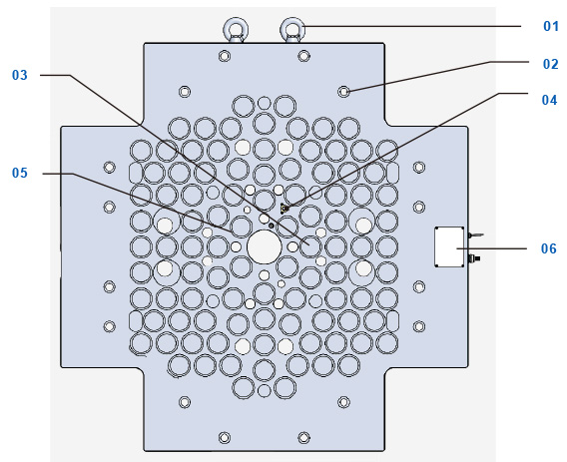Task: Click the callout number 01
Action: [x=551, y=26]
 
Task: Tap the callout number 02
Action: [x=550, y=64]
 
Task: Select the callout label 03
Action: [x=20, y=75]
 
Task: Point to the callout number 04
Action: [x=549, y=100]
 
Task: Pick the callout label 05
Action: [x=20, y=173]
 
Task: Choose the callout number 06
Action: [x=549, y=248]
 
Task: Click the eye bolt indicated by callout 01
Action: [x=292, y=30]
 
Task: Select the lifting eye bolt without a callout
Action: [x=236, y=30]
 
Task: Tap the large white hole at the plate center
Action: [x=264, y=246]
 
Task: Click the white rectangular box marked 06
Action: [x=449, y=246]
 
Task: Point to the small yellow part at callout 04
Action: [x=284, y=209]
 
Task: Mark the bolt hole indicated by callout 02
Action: [x=343, y=92]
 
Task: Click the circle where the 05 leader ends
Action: [x=241, y=227]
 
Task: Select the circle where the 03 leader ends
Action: [x=310, y=246]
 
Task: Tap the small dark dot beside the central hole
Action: [x=272, y=226]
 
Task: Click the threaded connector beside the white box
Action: [x=473, y=258]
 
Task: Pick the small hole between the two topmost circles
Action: [x=264, y=103]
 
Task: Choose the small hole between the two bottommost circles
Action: [x=264, y=391]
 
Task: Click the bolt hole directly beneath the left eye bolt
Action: [x=225, y=56]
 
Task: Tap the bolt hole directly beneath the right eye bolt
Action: [x=303, y=56]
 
